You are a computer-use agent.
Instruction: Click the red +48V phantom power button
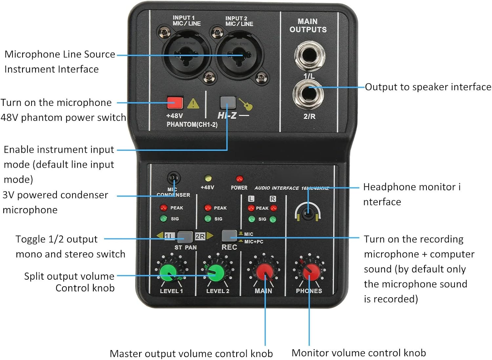coord(174,103)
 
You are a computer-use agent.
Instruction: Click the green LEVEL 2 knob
coord(215,272)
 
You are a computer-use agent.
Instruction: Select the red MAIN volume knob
coord(264,272)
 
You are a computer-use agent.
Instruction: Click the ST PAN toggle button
coord(185,236)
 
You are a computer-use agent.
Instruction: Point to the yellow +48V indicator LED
coord(208,178)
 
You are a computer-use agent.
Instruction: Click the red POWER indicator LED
coord(239,179)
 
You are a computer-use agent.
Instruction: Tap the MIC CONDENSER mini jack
coord(174,179)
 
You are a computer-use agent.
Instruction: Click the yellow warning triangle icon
coord(193,104)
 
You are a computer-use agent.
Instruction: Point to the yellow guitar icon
coord(246,104)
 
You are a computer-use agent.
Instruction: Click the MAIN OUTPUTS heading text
coord(308,26)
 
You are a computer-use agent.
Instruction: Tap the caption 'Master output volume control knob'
coord(191,353)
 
